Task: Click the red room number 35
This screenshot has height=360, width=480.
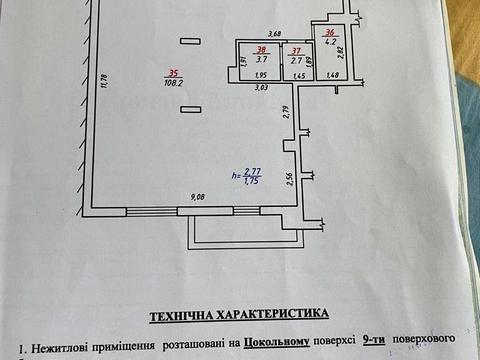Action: click(175, 73)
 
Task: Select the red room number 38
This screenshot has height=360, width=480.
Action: click(262, 50)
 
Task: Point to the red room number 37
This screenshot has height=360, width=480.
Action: click(295, 50)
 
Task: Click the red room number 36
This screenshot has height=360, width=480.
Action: click(330, 31)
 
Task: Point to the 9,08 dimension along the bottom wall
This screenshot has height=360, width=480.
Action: click(199, 197)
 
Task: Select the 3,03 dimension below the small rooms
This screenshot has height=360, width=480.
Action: click(260, 88)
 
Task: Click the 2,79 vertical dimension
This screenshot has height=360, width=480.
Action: click(285, 112)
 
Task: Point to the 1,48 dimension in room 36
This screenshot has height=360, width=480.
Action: click(332, 76)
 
